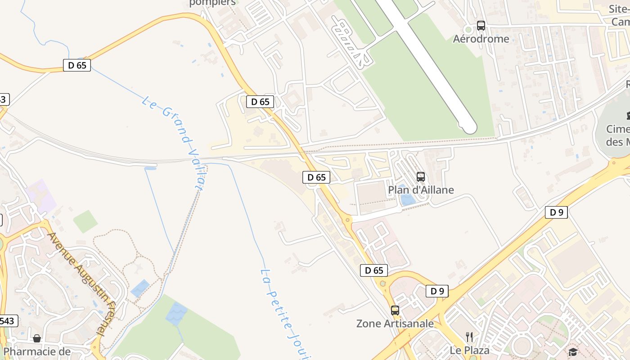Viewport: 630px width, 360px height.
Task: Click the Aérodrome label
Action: coord(481,39)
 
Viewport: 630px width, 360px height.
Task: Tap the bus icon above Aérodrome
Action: coord(481,26)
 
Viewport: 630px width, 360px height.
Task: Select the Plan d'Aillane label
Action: coord(421,190)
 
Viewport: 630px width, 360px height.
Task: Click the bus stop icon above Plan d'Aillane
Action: coord(421,177)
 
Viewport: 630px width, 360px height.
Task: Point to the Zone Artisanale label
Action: coord(395,324)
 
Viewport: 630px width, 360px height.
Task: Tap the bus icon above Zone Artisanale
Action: coord(395,310)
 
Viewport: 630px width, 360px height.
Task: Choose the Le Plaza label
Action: coord(469,350)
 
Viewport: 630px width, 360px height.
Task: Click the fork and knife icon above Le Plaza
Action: coord(469,337)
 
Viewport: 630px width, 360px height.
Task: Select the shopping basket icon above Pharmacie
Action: coord(37,338)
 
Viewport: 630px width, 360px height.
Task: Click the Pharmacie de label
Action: coord(37,351)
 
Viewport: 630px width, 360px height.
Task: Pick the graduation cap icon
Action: coord(572,352)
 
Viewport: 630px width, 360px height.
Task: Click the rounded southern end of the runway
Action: coord(470,128)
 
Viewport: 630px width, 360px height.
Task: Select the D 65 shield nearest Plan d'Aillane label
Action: coord(316,177)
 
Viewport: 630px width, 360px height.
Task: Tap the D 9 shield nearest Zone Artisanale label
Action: coord(437,291)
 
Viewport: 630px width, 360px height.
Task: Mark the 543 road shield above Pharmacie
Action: coord(8,321)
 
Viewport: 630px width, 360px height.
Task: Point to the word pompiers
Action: coord(212,3)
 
